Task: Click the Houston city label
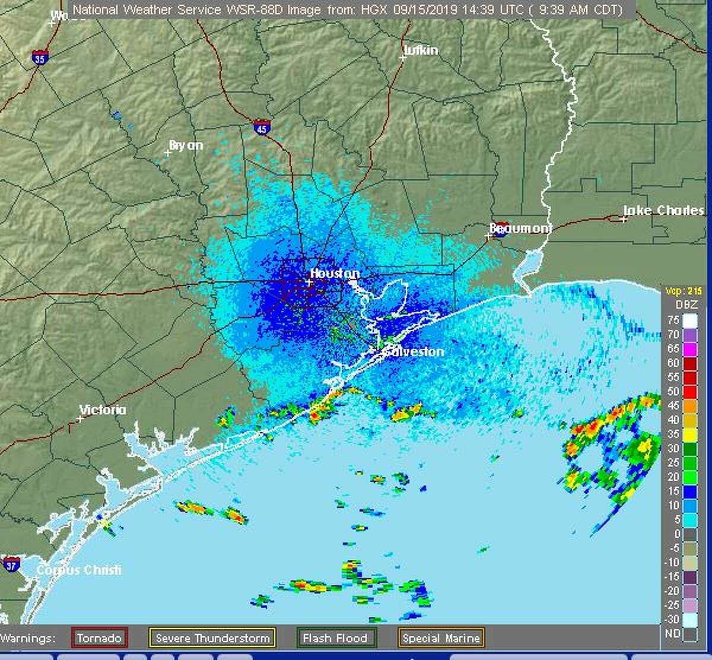pyautogui.click(x=335, y=274)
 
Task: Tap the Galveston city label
pyautogui.click(x=414, y=351)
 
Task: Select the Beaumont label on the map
pyautogui.click(x=520, y=228)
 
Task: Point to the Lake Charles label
pyautogui.click(x=663, y=210)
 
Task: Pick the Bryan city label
pyautogui.click(x=186, y=145)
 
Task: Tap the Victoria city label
pyautogui.click(x=103, y=410)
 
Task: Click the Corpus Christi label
pyautogui.click(x=79, y=570)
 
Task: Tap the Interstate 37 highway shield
pyautogui.click(x=11, y=564)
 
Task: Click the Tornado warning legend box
pyautogui.click(x=99, y=639)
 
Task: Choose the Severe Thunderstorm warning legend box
pyautogui.click(x=212, y=639)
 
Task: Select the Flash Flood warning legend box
pyautogui.click(x=335, y=639)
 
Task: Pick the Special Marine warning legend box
pyautogui.click(x=441, y=639)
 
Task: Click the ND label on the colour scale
pyautogui.click(x=672, y=634)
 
